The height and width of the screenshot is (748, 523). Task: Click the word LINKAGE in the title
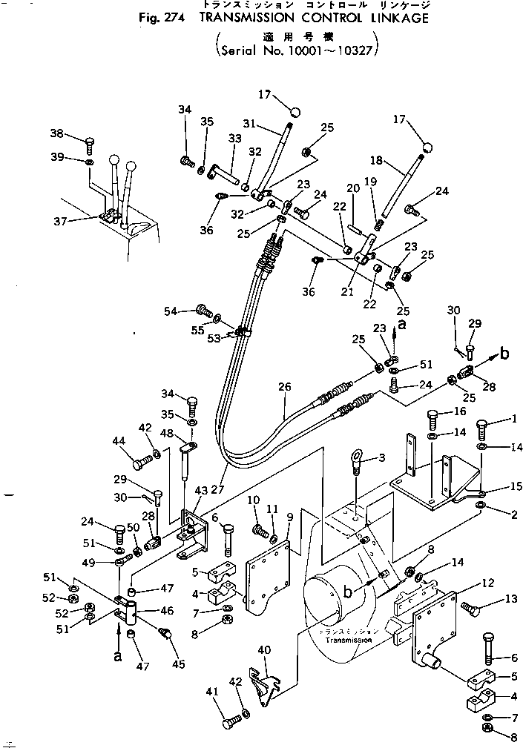click(392, 19)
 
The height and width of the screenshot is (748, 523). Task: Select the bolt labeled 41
click(231, 718)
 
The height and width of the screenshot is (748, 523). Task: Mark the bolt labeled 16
click(435, 421)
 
